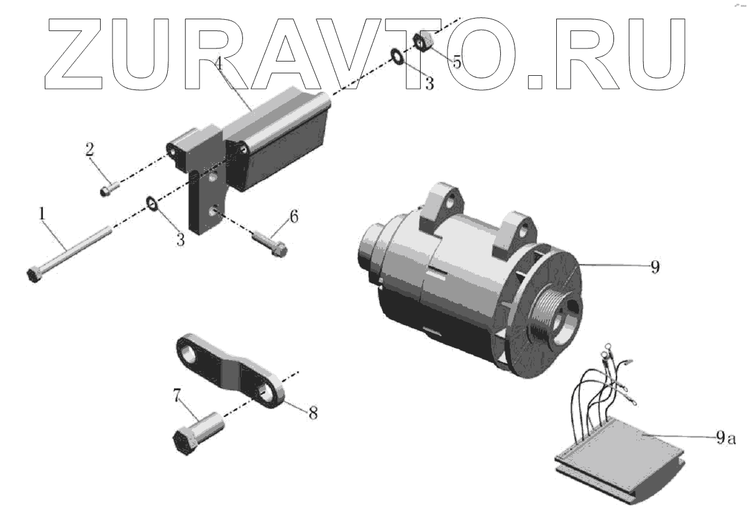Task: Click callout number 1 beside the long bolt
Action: point(42,214)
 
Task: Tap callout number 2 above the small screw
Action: point(89,149)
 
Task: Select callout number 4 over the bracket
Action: point(218,63)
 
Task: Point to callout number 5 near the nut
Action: point(457,62)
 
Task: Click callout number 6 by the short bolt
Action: point(294,216)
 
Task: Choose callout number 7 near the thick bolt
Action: point(176,395)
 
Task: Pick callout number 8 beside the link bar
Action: point(313,413)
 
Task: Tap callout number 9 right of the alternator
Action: point(655,267)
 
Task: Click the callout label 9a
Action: point(726,437)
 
